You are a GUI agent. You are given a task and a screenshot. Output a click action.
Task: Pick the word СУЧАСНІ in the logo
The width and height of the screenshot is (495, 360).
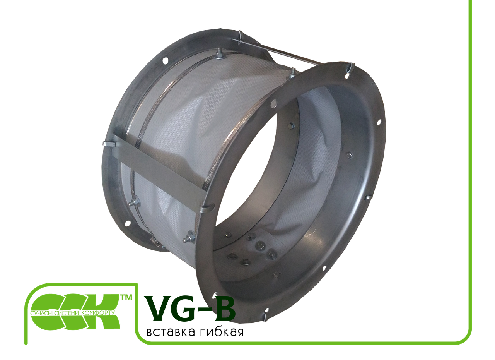42,314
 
